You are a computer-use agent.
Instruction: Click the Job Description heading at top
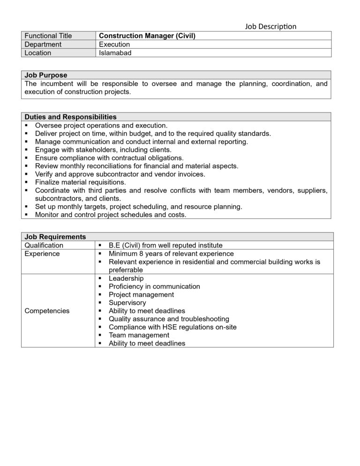coord(270,26)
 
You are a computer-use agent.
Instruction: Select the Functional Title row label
coord(48,36)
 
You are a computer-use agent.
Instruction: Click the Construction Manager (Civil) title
coord(147,36)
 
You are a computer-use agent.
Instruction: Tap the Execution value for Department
coord(114,44)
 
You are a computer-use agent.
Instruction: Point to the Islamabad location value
coord(115,53)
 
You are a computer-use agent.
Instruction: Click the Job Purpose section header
coord(46,75)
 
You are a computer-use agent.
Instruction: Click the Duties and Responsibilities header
coord(70,117)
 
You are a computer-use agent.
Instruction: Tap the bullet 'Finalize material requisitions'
coord(80,182)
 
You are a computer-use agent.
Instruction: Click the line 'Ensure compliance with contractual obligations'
coord(109,158)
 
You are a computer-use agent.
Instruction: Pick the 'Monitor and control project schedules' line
coord(111,215)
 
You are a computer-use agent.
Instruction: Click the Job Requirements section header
coord(55,237)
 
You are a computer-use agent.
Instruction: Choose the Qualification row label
coord(44,245)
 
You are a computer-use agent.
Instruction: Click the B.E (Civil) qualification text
coord(165,245)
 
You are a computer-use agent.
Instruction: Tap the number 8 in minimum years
coord(142,254)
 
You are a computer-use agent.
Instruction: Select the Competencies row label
coord(47,310)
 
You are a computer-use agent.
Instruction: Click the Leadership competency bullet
coord(126,278)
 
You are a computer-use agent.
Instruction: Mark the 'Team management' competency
coord(139,335)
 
